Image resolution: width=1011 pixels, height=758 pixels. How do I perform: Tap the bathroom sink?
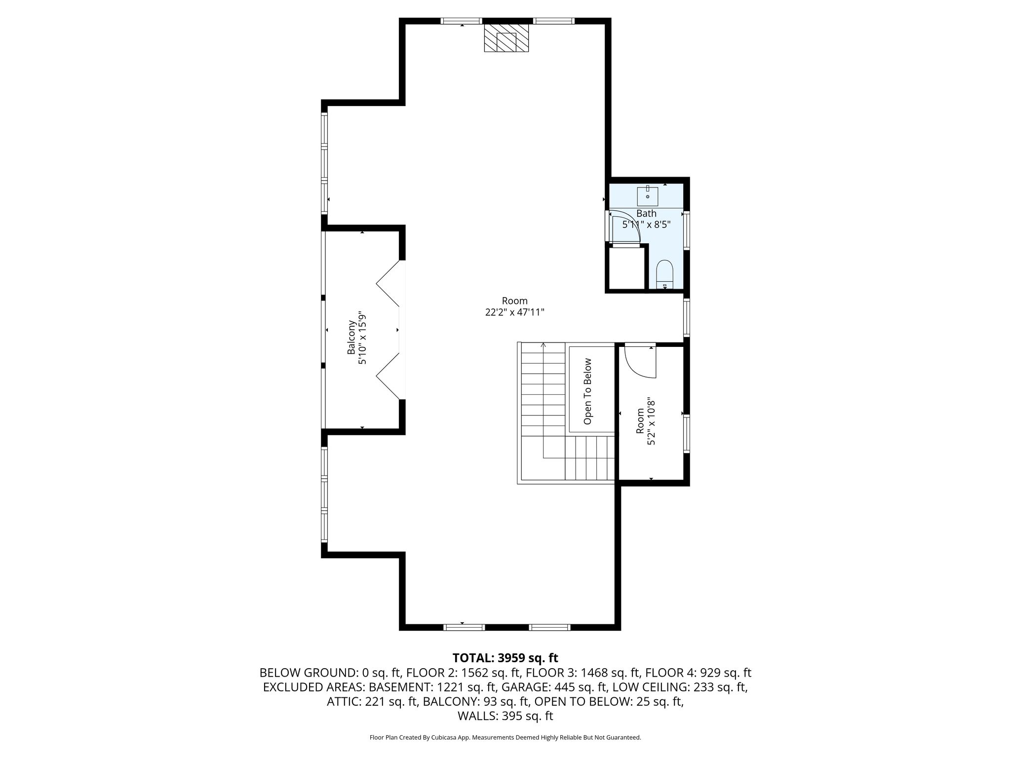(647, 196)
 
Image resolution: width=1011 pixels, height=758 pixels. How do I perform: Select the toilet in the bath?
(665, 274)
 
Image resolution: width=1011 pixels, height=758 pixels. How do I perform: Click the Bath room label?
(646, 214)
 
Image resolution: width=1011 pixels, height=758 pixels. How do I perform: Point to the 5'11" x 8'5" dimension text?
(646, 225)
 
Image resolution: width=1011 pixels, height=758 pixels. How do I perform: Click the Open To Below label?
(587, 391)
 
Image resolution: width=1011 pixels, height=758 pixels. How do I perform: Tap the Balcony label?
(351, 338)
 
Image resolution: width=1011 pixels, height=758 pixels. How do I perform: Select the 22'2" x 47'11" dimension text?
(515, 312)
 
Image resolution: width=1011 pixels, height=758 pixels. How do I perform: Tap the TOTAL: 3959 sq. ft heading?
(505, 658)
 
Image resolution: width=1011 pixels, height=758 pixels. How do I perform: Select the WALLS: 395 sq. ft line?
(505, 716)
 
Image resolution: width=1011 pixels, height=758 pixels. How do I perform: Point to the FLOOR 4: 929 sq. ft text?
(698, 673)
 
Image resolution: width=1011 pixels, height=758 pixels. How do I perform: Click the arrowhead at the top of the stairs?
(544, 345)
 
